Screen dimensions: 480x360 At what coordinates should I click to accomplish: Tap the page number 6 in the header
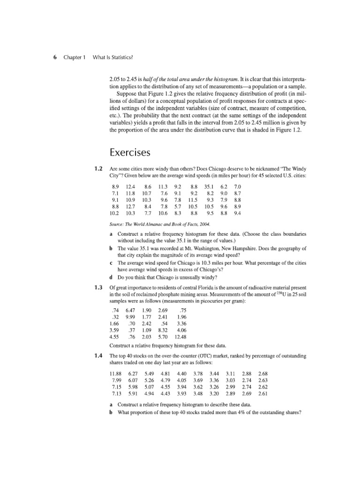[55, 57]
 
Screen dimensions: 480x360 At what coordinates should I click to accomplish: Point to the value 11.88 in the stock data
[115, 374]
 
